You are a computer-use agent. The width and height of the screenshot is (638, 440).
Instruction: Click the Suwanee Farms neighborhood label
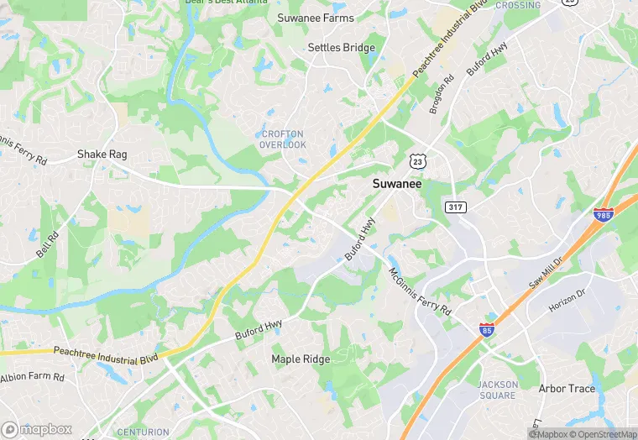tap(316, 18)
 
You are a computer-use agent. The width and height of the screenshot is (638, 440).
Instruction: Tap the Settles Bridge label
tap(341, 48)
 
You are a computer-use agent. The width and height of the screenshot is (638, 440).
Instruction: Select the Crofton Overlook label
tap(284, 139)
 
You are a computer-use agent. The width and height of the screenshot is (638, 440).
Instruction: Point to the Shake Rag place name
tap(102, 155)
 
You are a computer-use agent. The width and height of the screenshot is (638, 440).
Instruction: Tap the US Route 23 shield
tap(418, 159)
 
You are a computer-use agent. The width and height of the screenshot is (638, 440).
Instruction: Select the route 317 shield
tap(456, 207)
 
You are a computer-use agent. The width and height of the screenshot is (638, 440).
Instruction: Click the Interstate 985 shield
tap(603, 216)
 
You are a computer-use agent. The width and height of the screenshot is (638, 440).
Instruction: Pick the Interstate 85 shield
tap(488, 329)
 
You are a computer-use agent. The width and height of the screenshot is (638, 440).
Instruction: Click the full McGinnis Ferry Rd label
tap(420, 291)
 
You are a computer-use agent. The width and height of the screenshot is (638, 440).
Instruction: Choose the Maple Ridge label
tap(301, 359)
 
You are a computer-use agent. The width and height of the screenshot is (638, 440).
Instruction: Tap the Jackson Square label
tap(498, 390)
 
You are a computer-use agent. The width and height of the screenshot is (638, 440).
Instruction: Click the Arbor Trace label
tap(567, 389)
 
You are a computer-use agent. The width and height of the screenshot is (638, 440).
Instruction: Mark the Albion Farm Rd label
tap(32, 378)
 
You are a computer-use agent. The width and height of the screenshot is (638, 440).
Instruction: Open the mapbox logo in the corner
tap(37, 429)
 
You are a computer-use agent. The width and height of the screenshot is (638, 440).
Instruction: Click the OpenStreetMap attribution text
tap(603, 434)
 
